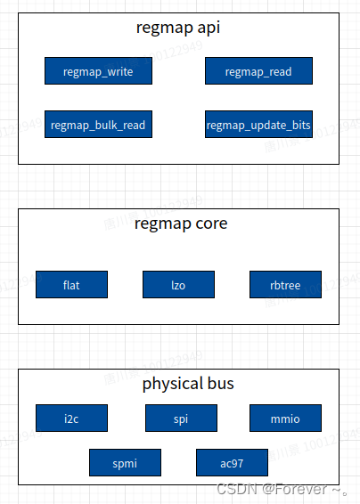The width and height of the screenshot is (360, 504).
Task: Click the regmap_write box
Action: pyautogui.click(x=98, y=71)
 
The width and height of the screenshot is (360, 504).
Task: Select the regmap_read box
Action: pyautogui.click(x=258, y=71)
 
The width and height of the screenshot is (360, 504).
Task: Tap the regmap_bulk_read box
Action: pyautogui.click(x=98, y=125)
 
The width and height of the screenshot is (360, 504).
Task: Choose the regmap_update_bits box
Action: pyautogui.click(x=258, y=125)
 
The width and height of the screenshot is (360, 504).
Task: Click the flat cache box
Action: pyautogui.click(x=71, y=285)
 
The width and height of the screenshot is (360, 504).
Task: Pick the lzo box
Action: pyautogui.click(x=178, y=285)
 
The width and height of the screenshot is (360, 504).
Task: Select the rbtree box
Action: pyautogui.click(x=285, y=285)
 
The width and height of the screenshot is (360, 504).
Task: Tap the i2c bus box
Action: pyautogui.click(x=71, y=418)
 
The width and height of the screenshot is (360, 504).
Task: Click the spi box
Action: pyautogui.click(x=181, y=418)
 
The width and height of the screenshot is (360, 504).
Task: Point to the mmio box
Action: pyautogui.click(x=285, y=418)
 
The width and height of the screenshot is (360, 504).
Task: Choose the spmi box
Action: pyautogui.click(x=125, y=462)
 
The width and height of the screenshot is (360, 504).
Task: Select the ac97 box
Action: pyautogui.click(x=232, y=462)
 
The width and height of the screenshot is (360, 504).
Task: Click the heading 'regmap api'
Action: pyautogui.click(x=178, y=28)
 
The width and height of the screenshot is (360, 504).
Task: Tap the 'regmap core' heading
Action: pyautogui.click(x=181, y=223)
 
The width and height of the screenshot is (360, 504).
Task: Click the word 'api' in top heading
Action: pyautogui.click(x=207, y=28)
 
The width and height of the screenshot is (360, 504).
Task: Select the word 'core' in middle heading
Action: pyautogui.click(x=210, y=223)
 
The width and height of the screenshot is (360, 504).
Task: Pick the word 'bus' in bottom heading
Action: pyautogui.click(x=219, y=384)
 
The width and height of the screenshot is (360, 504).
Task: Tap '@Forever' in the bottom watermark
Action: pyautogui.click(x=295, y=489)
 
